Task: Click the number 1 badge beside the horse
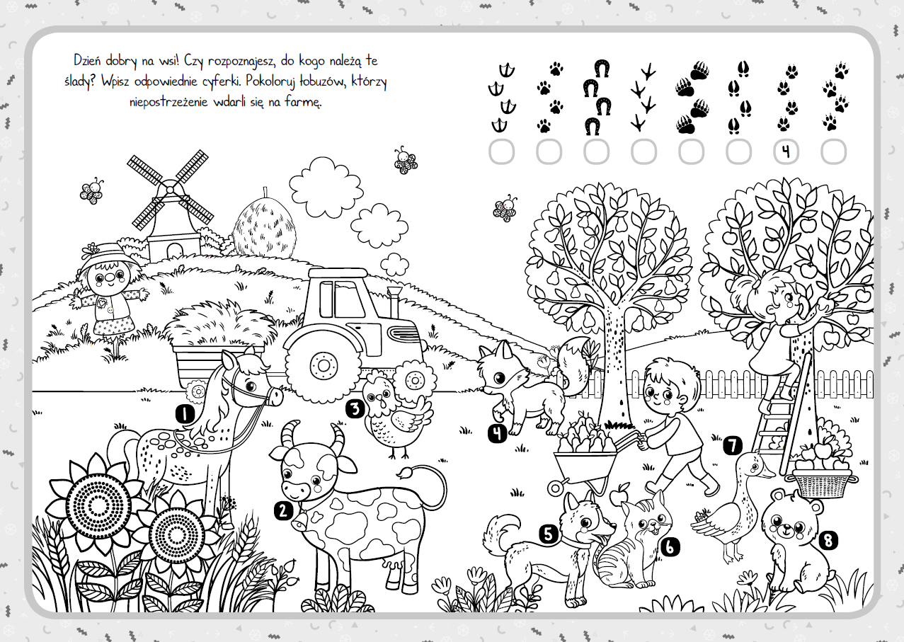pyautogui.click(x=185, y=414)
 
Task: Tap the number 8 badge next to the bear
pyautogui.click(x=828, y=540)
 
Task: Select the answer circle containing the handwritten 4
pyautogui.click(x=786, y=151)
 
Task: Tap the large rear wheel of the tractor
pyautogui.click(x=323, y=366)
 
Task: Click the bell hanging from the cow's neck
pyautogui.click(x=299, y=522)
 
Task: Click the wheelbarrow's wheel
pyautogui.click(x=556, y=488)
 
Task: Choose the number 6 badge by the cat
pyautogui.click(x=670, y=547)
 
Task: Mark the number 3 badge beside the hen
pyautogui.click(x=355, y=409)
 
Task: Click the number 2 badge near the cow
pyautogui.click(x=283, y=511)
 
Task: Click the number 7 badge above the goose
pyautogui.click(x=733, y=445)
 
